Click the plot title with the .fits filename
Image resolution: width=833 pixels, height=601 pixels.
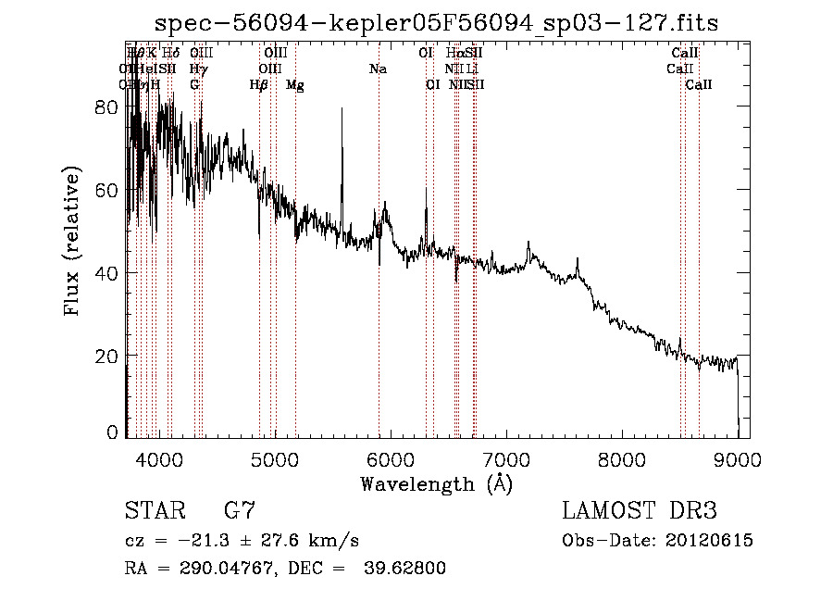coord(435,23)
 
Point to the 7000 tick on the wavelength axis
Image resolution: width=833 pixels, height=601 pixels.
coord(505,459)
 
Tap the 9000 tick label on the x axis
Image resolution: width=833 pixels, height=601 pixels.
coord(738,459)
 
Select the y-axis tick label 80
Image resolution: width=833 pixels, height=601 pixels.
coord(106,107)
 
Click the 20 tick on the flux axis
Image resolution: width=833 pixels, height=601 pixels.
coord(106,357)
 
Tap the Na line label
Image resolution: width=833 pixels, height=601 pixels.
coord(378,69)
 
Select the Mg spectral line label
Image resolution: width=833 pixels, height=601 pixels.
coord(294,85)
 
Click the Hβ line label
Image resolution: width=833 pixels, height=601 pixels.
coord(259,85)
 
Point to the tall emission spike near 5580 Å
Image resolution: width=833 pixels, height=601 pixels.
coord(342,111)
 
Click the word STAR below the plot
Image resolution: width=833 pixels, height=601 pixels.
coord(154,511)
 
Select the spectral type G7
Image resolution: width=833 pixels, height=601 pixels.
coord(240,511)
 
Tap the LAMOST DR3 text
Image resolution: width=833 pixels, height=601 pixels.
coord(640,511)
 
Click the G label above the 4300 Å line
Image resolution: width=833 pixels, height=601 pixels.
coord(194,85)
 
